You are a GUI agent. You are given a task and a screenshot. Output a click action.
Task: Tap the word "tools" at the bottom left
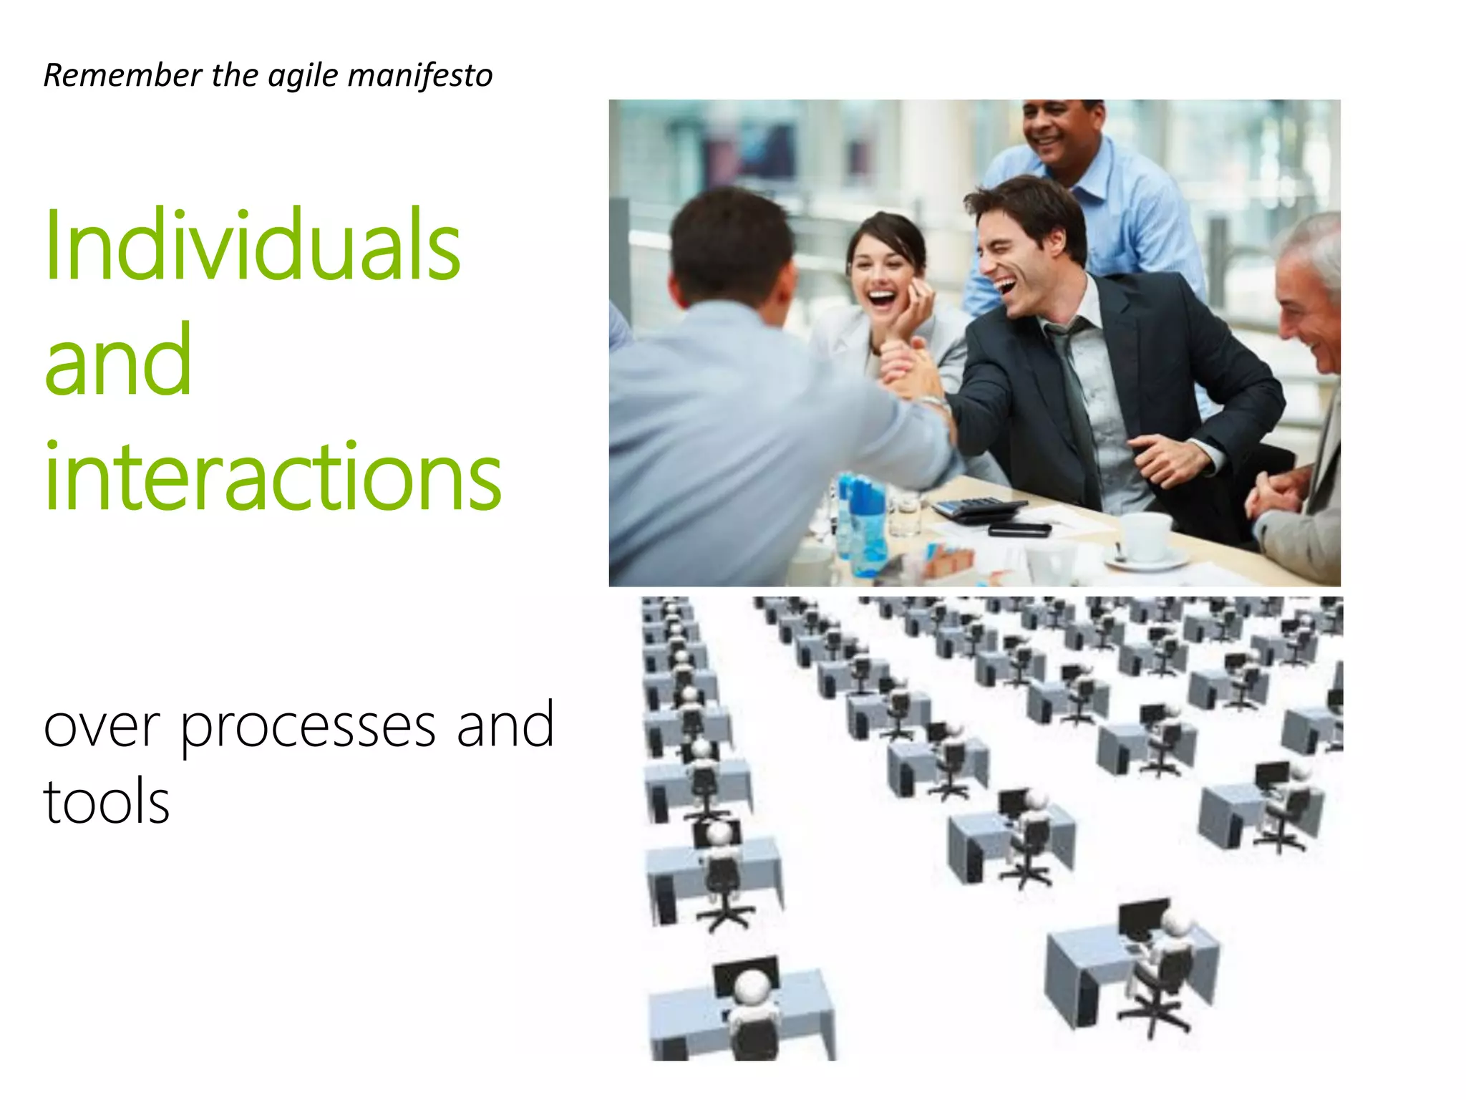pos(107,802)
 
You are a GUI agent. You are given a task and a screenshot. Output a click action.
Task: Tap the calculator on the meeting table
pos(977,508)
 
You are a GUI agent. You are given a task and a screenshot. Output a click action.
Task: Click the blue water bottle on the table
pos(865,526)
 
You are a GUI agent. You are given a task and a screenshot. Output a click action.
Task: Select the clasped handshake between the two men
pos(923,387)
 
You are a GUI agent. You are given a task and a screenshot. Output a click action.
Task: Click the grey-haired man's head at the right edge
pos(1310,294)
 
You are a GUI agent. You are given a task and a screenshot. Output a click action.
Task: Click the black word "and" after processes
pos(505,726)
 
